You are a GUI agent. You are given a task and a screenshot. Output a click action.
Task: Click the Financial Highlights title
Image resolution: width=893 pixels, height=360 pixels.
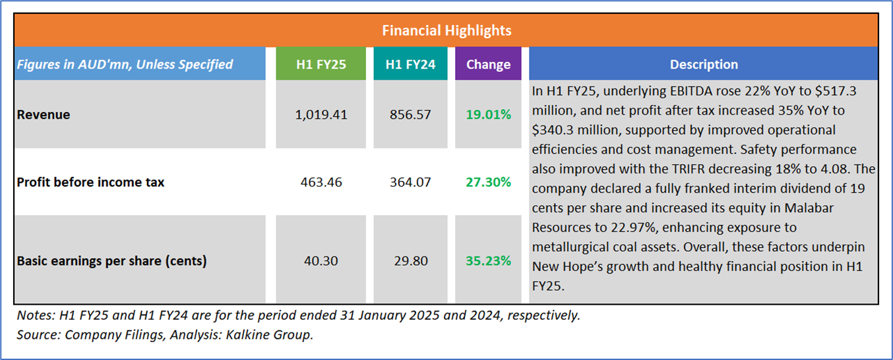coord(446,30)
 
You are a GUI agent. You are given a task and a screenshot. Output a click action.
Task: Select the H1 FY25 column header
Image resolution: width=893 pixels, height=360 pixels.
coord(321,64)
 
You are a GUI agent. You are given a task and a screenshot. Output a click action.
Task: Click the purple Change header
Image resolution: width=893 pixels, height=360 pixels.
coord(488,64)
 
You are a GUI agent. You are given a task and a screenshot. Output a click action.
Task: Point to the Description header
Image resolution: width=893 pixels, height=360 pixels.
coord(704,64)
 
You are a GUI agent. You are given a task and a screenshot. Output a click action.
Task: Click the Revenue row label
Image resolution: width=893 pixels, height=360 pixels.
coord(44,115)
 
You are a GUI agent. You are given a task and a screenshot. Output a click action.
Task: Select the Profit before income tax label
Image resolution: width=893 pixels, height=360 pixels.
coord(90,181)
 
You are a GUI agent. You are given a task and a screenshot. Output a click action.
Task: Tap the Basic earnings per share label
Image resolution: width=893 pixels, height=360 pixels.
coord(111,261)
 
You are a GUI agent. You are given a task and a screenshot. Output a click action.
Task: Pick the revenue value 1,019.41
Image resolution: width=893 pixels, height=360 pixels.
coord(321,115)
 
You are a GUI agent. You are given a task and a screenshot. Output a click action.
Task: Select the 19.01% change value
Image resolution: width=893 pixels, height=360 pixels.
coord(488,115)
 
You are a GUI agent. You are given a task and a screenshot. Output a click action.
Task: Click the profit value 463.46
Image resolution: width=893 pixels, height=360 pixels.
coord(321,181)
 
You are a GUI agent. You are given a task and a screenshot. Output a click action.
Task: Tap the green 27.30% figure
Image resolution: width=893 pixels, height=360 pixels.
coord(488,181)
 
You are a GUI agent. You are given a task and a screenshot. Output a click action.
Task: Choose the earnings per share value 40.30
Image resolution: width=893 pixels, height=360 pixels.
coord(321,261)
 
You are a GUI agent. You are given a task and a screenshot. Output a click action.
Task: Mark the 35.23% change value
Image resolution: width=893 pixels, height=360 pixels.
coord(488,261)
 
